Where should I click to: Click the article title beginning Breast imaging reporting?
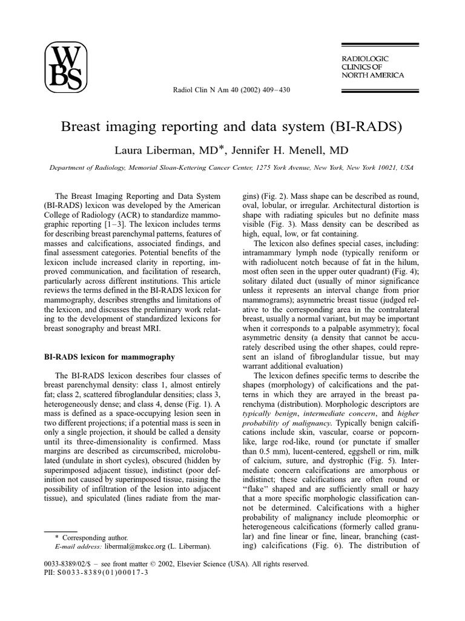(x=232, y=129)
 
